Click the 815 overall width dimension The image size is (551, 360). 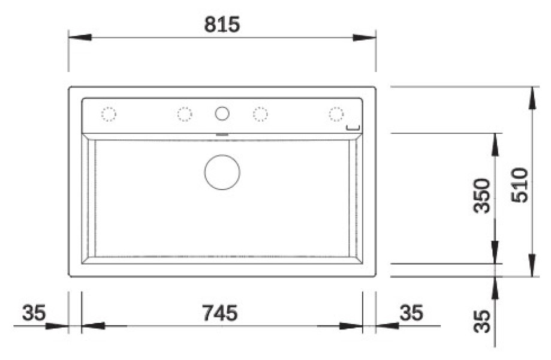(222, 25)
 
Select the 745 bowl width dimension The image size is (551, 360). (220, 313)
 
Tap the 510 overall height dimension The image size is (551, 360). (520, 185)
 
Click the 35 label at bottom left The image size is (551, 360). (34, 313)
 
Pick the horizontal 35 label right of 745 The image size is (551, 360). (411, 313)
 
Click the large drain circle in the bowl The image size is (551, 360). (222, 172)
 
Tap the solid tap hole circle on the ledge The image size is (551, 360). (222, 113)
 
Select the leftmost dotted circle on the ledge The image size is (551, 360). (109, 114)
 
